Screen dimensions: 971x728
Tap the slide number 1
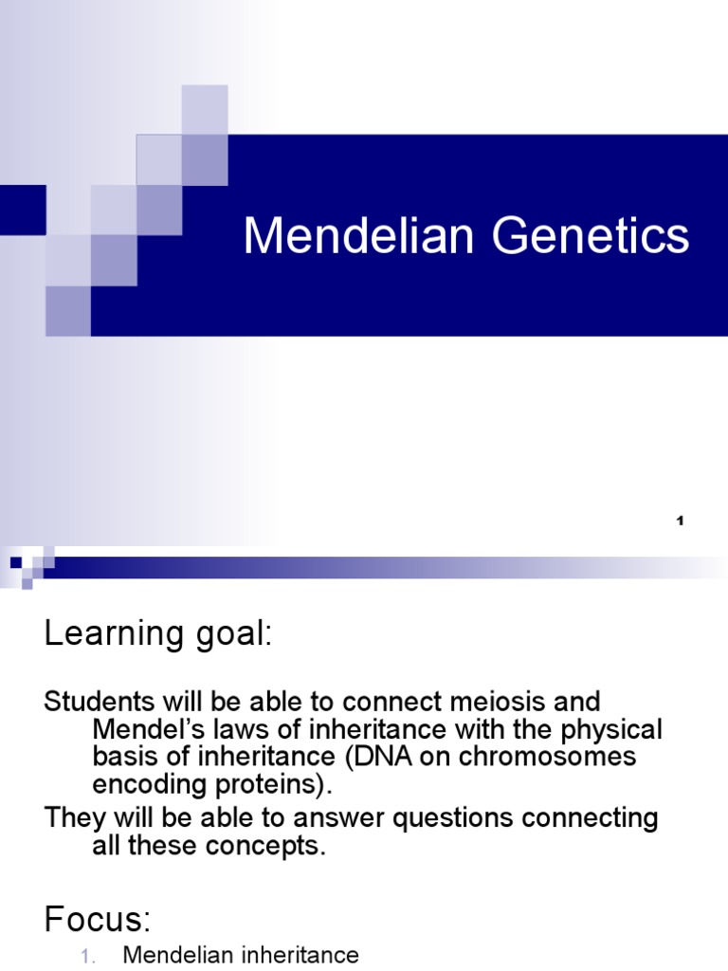pyautogui.click(x=681, y=521)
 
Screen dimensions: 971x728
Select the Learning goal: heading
pyautogui.click(x=158, y=635)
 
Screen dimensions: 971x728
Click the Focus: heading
pyautogui.click(x=98, y=919)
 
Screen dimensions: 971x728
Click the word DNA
pyautogui.click(x=375, y=758)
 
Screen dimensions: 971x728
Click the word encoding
pyautogui.click(x=148, y=785)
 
